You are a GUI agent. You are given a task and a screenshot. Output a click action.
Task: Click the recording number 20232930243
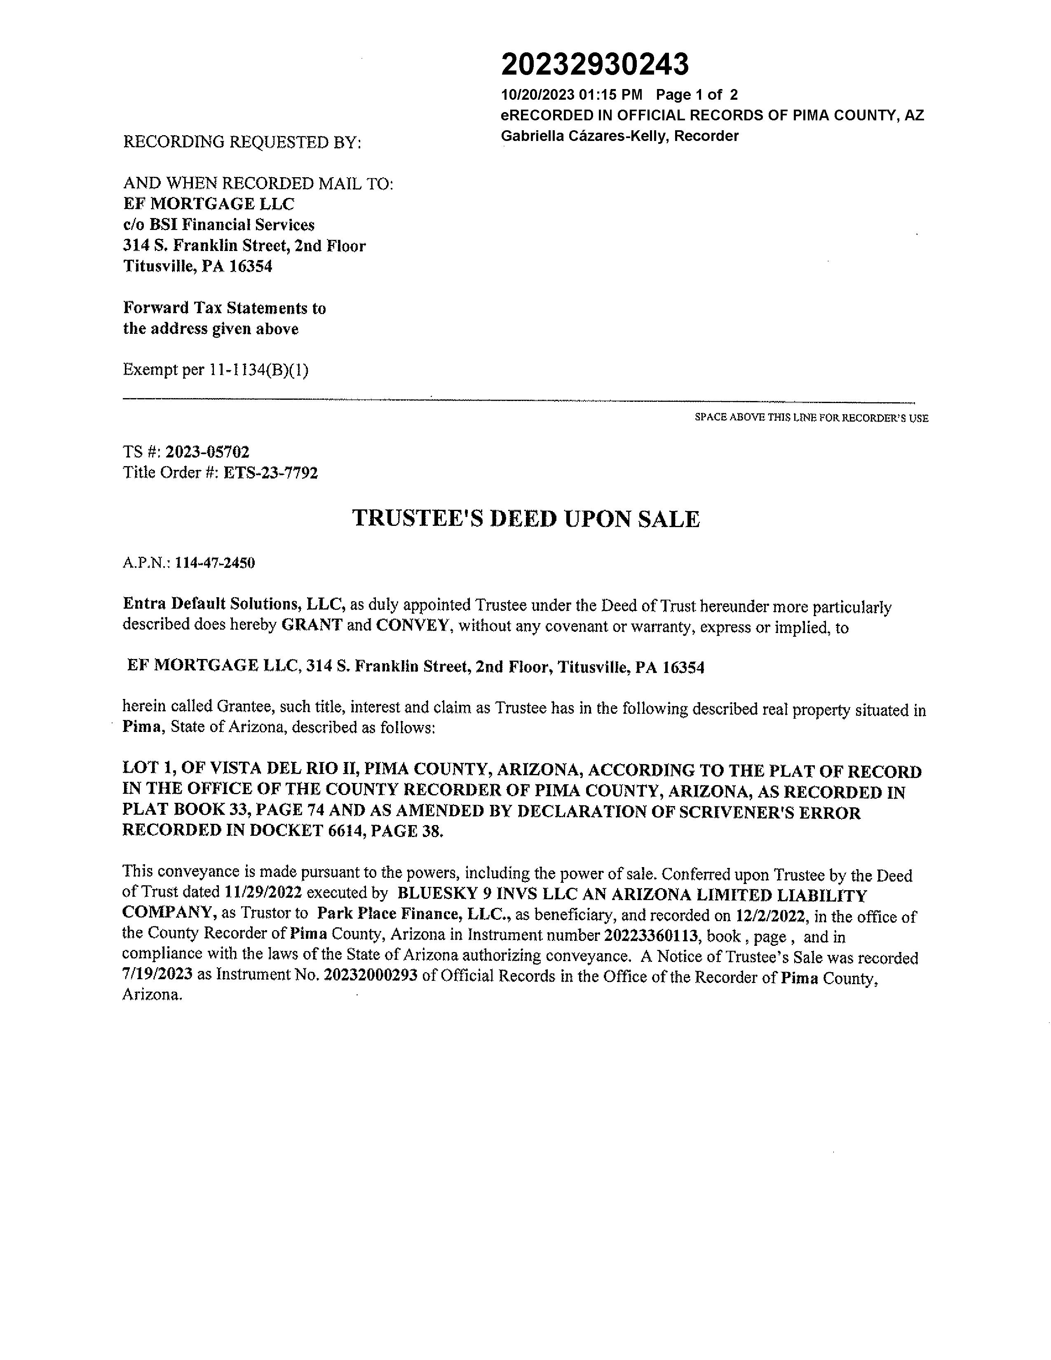(595, 65)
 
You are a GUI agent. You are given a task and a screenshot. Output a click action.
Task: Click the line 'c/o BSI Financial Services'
(218, 225)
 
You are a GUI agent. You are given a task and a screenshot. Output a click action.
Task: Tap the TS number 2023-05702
(207, 452)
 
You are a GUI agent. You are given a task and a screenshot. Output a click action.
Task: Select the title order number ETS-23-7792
(270, 473)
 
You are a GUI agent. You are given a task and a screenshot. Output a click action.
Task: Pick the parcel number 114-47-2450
(215, 563)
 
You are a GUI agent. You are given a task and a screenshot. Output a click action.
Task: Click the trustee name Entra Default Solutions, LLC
(234, 604)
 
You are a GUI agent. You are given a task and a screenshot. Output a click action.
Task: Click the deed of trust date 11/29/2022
(263, 893)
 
